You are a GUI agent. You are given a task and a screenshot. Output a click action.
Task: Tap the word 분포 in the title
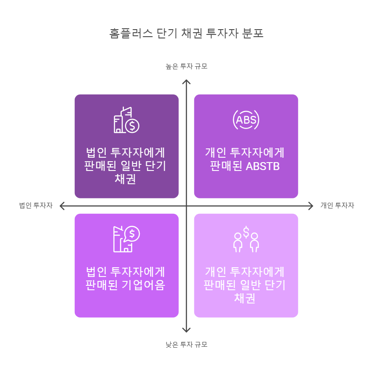[253, 34]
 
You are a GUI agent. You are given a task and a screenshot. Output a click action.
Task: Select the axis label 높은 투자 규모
[186, 66]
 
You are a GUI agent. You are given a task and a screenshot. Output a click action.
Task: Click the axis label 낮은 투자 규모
[186, 345]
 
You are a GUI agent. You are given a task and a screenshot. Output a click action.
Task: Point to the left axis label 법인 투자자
[35, 205]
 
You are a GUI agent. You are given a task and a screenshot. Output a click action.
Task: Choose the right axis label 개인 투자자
[337, 205]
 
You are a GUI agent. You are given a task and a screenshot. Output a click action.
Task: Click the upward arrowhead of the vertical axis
[187, 82]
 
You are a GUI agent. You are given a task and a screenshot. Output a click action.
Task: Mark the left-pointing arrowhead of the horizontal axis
[62, 205]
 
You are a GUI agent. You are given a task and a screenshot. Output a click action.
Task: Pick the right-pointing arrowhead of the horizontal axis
[311, 205]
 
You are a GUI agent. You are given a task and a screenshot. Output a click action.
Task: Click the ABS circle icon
[246, 120]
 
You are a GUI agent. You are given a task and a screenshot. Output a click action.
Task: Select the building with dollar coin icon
[127, 120]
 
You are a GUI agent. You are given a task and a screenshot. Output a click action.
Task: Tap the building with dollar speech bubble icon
[127, 239]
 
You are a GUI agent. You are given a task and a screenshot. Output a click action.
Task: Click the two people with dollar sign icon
[246, 239]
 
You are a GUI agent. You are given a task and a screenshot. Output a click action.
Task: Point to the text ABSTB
[263, 167]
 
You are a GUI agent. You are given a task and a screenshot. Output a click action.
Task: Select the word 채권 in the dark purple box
[127, 180]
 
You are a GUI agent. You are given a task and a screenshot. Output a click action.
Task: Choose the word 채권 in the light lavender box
[246, 298]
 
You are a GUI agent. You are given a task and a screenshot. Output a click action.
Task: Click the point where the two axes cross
[187, 205]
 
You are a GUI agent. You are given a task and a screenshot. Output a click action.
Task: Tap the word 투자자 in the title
[220, 34]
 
